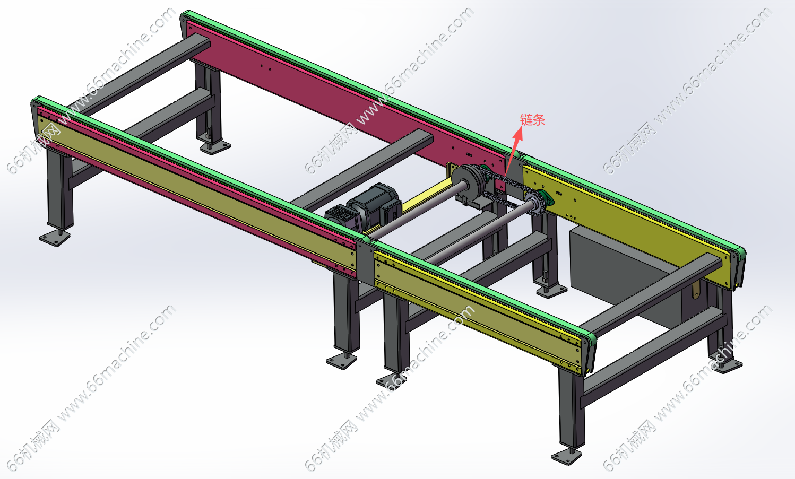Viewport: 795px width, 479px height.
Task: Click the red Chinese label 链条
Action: click(x=532, y=120)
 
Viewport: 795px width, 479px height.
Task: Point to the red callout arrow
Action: click(x=514, y=152)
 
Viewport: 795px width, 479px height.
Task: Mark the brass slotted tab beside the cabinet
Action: click(x=696, y=289)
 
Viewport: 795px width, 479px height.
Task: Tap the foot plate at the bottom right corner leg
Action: click(x=566, y=456)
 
